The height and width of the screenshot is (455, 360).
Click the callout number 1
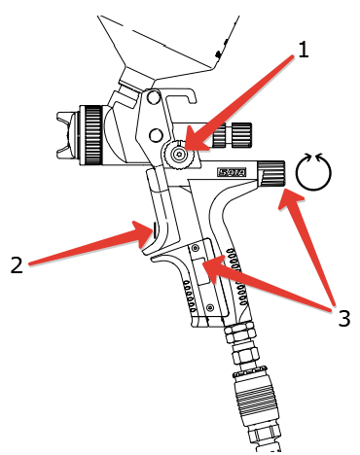303,51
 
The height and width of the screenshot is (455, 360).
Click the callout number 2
17,264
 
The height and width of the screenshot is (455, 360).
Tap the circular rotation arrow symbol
313,171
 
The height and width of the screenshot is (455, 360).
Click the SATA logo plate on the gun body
232,172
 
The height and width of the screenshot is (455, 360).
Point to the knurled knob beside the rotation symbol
271,173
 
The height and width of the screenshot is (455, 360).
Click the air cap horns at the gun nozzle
67,134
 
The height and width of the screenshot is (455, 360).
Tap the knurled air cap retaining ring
91,135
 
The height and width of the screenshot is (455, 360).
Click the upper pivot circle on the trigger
153,96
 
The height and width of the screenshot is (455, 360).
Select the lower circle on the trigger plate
156,134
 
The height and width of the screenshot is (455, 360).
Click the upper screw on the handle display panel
195,249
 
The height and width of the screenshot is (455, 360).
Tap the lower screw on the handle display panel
210,306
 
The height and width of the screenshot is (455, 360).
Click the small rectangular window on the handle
201,271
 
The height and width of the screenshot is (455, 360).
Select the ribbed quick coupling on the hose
256,395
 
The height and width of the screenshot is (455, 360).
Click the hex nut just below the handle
240,333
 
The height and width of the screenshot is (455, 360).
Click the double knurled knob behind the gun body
233,135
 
